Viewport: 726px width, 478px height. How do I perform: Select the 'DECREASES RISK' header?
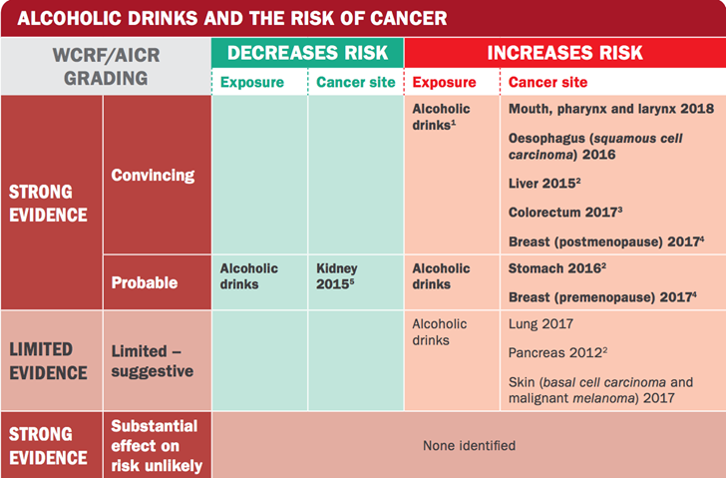pyautogui.click(x=307, y=53)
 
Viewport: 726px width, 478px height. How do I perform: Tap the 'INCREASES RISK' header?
pyautogui.click(x=564, y=53)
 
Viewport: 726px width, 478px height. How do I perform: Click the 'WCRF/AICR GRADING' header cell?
pyautogui.click(x=106, y=66)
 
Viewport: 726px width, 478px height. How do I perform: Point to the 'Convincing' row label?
pyautogui.click(x=153, y=176)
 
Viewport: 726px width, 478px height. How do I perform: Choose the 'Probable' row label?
pyautogui.click(x=145, y=282)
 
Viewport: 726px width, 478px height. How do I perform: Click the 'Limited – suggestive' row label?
pyautogui.click(x=153, y=360)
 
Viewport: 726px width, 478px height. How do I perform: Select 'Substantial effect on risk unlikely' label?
pyautogui.click(x=156, y=445)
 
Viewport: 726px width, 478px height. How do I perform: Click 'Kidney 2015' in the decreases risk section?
pyautogui.click(x=337, y=276)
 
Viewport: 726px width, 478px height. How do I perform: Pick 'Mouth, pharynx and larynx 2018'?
pyautogui.click(x=609, y=109)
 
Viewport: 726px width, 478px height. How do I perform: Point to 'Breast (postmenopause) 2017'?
pyautogui.click(x=604, y=240)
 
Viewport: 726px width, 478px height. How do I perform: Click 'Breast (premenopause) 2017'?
pyautogui.click(x=601, y=297)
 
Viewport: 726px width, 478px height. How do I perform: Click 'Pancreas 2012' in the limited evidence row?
pyautogui.click(x=556, y=353)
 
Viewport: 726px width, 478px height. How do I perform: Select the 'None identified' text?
pyautogui.click(x=469, y=445)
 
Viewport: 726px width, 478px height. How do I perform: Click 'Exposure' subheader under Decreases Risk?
pyautogui.click(x=251, y=82)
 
